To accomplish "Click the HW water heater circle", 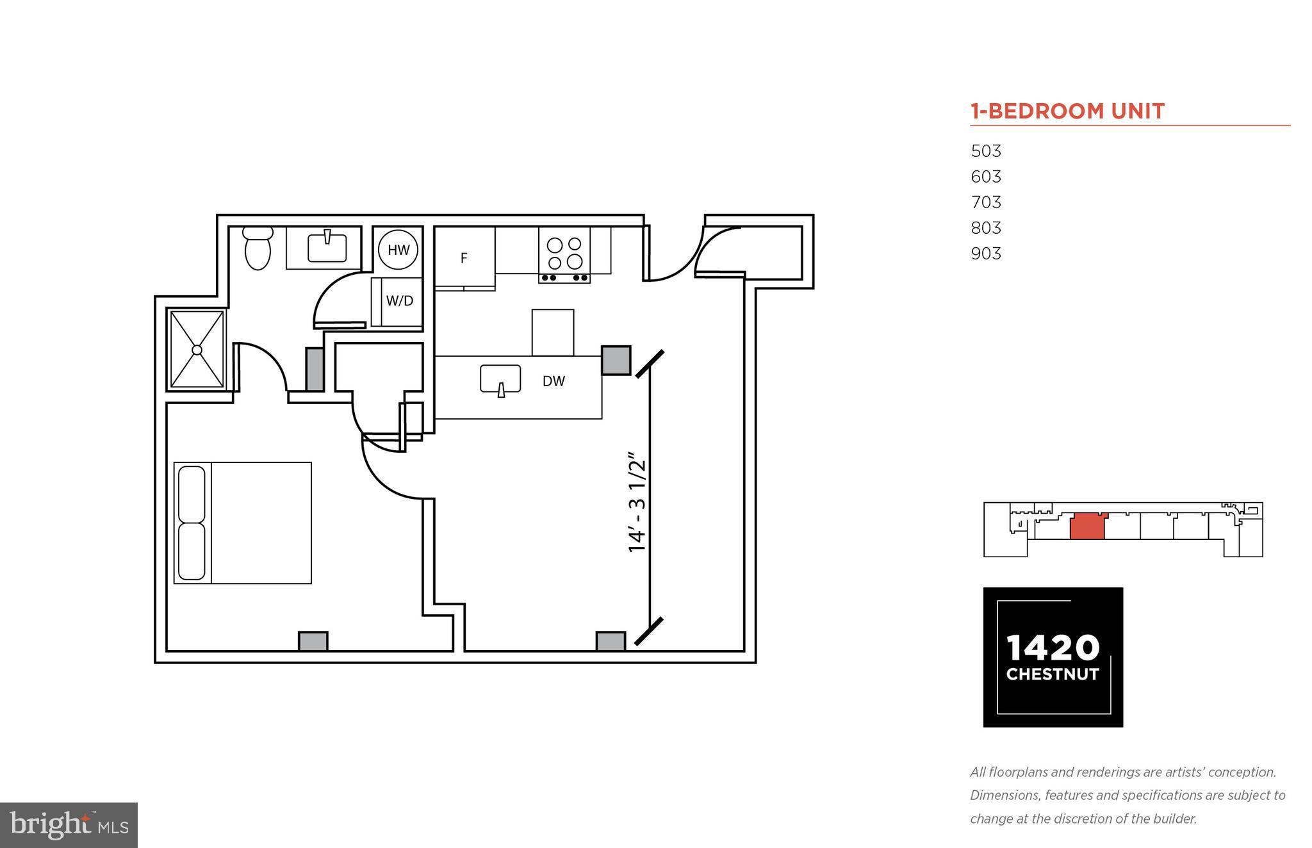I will point(398,250).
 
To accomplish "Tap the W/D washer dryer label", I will point(399,300).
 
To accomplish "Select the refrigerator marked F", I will point(464,258).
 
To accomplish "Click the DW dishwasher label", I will point(553,381).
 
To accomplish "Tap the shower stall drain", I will point(197,350).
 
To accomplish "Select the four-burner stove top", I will point(564,254).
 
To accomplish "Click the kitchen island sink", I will point(500,379).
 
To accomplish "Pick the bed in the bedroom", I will point(243,523).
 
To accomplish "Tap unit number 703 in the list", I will point(986,202).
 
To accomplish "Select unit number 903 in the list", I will point(986,254).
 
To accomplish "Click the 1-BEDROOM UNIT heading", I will point(1067,111).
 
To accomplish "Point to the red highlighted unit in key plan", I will point(1087,526).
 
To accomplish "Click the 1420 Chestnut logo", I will point(1053,656).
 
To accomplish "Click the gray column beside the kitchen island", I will point(616,360).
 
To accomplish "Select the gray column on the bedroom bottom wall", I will point(313,640).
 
